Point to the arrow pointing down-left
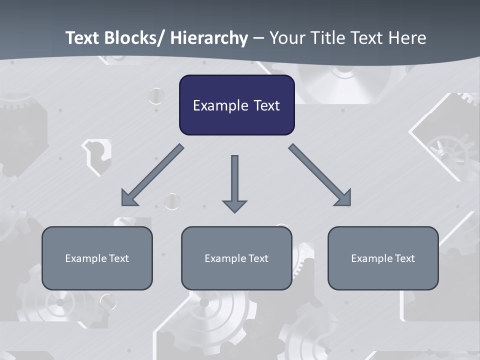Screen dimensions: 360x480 point(152,175)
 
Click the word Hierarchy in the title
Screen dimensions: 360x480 point(209,38)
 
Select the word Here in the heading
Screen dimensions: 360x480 point(408,38)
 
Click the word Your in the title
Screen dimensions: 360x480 point(287,38)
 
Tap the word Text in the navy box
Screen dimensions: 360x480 point(266,106)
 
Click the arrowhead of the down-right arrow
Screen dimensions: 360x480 point(343,198)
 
